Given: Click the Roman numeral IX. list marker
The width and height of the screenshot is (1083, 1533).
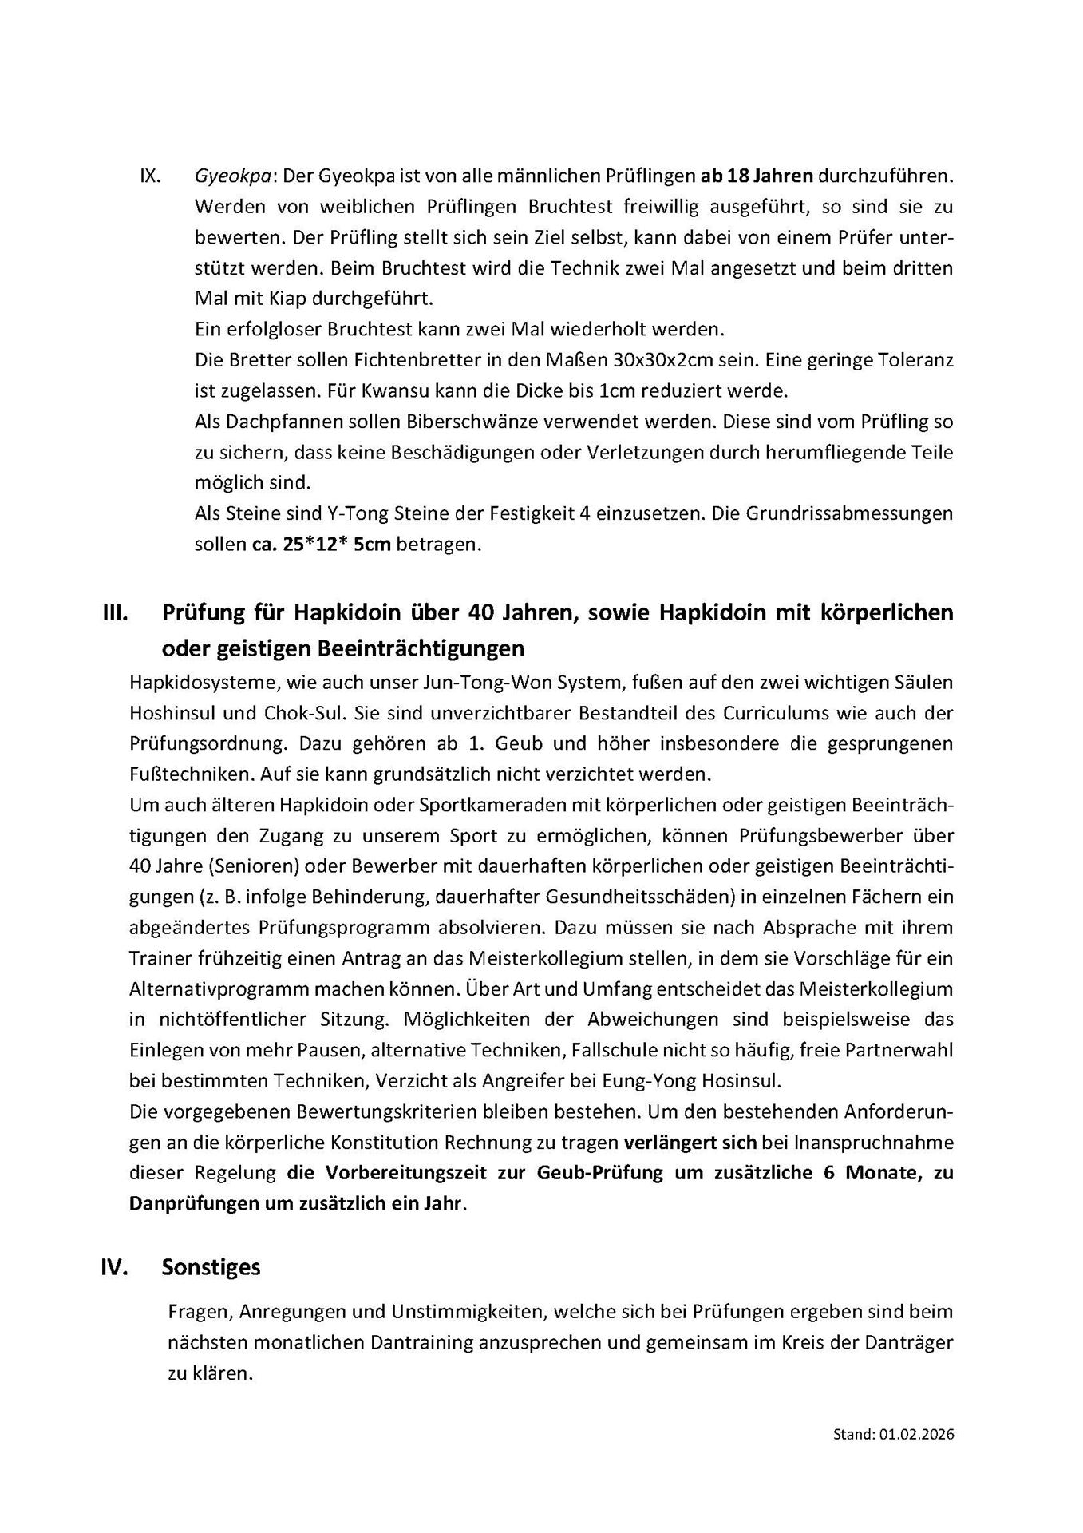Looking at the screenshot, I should tap(150, 176).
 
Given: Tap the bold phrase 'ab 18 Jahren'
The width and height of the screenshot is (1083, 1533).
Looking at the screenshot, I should tap(757, 176).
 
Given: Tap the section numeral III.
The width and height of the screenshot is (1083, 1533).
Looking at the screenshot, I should tap(116, 612).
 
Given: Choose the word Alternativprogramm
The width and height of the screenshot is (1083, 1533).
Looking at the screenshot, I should tap(218, 989).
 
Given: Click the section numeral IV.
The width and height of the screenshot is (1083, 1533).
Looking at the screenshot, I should tap(115, 1267).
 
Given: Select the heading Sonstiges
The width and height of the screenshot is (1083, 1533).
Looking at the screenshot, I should tap(211, 1267).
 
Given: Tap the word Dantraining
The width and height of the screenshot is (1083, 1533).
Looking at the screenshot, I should tap(421, 1342).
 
